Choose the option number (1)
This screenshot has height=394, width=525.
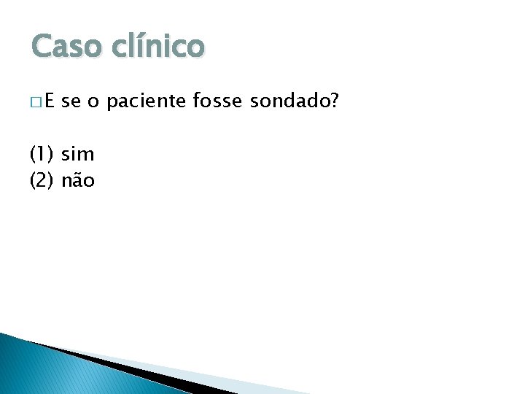tap(42, 155)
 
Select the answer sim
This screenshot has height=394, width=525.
tap(78, 155)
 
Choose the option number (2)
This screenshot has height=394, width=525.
tap(42, 180)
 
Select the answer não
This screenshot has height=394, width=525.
tap(78, 180)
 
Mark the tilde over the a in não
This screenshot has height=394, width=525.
tap(79, 173)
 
